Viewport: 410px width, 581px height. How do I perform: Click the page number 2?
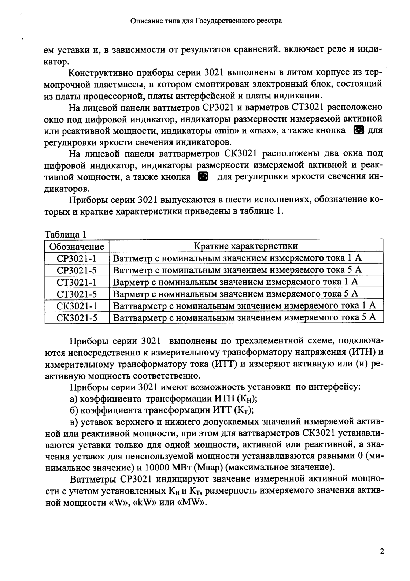tap(382, 551)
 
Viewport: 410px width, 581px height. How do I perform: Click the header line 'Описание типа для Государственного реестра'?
tap(206, 21)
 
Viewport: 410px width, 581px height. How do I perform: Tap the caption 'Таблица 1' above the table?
tap(65, 234)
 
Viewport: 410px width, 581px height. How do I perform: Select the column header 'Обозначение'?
tap(77, 246)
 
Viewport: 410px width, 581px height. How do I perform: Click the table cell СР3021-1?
tap(77, 258)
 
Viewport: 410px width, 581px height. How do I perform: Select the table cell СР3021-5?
tap(77, 270)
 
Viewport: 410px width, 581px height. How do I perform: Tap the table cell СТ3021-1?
tap(77, 282)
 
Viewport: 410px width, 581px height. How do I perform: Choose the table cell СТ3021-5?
tap(77, 294)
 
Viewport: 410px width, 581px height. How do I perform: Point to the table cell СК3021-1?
tap(77, 306)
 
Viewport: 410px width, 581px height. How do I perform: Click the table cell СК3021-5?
tap(77, 318)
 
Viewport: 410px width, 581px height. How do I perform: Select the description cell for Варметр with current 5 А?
tap(235, 294)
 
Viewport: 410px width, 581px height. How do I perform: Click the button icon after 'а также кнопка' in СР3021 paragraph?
tap(358, 130)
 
